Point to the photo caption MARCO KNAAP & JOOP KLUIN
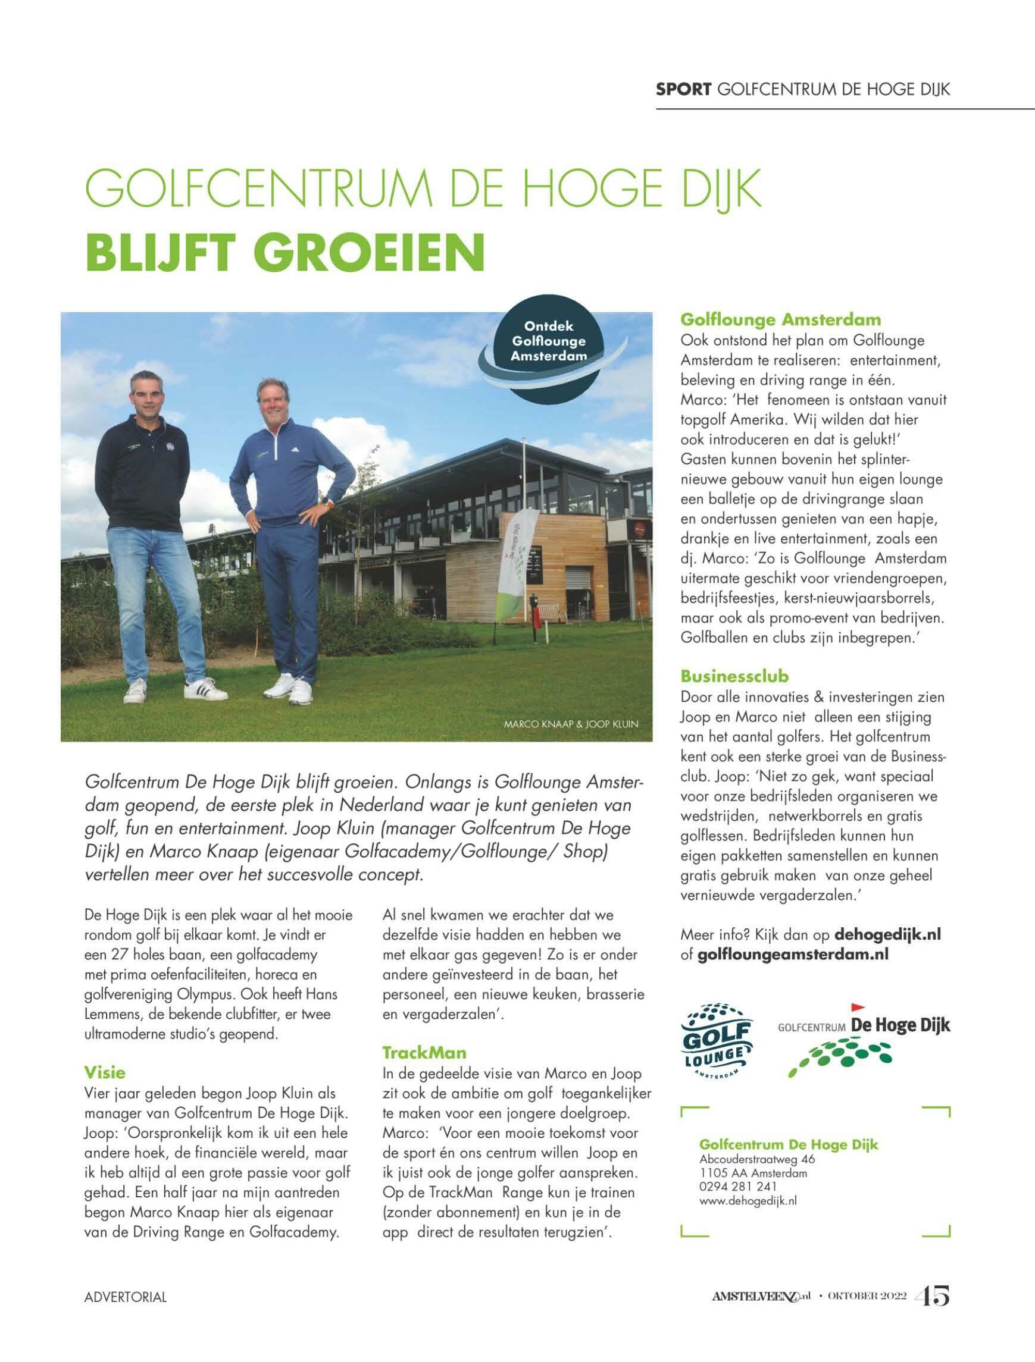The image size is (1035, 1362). [x=571, y=724]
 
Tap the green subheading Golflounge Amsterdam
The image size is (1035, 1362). [x=780, y=319]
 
